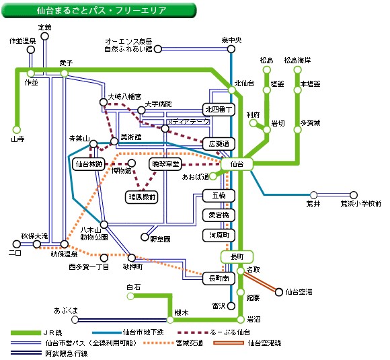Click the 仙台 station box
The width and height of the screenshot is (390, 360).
tap(237, 164)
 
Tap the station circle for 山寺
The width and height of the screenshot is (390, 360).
tap(17, 130)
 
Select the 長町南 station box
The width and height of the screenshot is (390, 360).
tap(219, 279)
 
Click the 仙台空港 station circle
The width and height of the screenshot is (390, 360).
tap(279, 292)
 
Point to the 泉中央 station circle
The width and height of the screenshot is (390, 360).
tap(231, 49)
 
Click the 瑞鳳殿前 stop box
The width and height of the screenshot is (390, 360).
tap(142, 197)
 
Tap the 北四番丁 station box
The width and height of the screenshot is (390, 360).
tap(219, 110)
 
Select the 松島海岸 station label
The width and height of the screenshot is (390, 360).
tap(297, 61)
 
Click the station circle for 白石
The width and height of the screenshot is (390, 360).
tap(130, 296)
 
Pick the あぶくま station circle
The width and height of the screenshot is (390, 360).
tap(75, 320)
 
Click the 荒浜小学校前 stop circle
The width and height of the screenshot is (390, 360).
tap(354, 195)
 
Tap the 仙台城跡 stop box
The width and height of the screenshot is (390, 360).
tap(89, 164)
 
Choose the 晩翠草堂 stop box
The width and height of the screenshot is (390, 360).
tap(165, 164)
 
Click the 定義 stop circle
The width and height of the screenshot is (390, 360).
tap(45, 36)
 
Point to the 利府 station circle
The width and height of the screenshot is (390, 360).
tap(253, 123)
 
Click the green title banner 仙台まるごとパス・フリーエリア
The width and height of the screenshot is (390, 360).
tap(99, 10)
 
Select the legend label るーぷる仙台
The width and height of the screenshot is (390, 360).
tap(230, 332)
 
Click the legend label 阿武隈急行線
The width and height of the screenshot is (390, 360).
tap(67, 353)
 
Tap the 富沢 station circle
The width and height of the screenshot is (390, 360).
tap(231, 305)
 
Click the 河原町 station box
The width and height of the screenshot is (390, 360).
tap(219, 236)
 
